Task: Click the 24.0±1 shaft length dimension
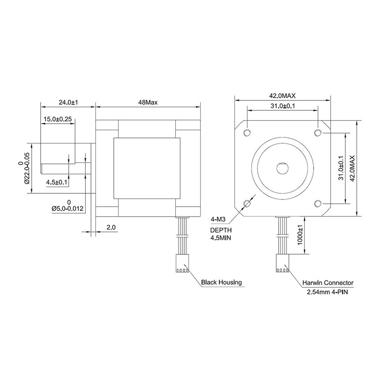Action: click(x=68, y=102)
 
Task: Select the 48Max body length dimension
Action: click(x=147, y=102)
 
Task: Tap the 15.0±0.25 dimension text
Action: click(x=57, y=119)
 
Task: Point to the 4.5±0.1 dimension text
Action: click(x=57, y=182)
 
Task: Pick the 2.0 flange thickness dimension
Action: click(x=111, y=227)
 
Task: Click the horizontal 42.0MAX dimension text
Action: click(x=283, y=95)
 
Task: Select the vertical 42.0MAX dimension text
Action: click(x=352, y=168)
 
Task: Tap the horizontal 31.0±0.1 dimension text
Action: click(x=283, y=106)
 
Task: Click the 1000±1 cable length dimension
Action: click(x=299, y=235)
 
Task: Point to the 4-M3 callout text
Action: click(x=218, y=220)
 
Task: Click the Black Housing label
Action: click(x=221, y=282)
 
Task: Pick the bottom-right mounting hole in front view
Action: click(x=318, y=204)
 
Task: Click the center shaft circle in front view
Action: click(x=283, y=168)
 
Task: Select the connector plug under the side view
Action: click(x=182, y=264)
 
